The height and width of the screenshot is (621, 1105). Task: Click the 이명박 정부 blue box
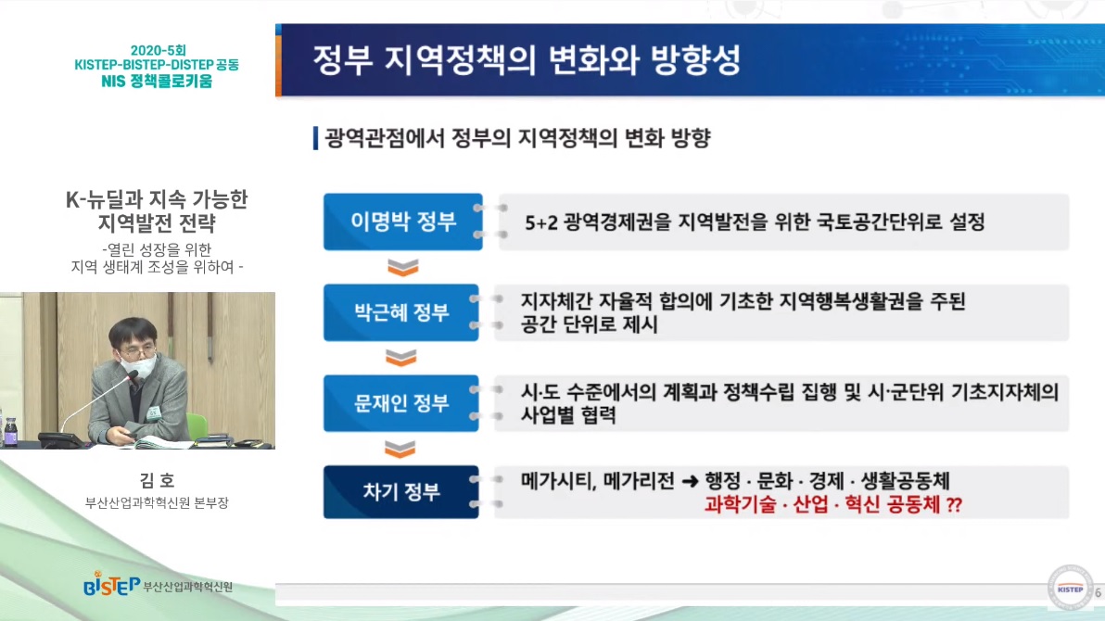point(403,222)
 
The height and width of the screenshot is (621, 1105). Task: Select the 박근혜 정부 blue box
point(401,312)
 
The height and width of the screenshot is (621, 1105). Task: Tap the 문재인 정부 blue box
point(401,403)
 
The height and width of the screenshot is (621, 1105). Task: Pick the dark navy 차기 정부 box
point(401,492)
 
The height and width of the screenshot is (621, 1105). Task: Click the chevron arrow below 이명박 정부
point(403,267)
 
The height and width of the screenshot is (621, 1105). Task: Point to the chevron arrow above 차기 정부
point(400,449)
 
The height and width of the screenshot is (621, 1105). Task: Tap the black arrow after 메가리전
point(691,482)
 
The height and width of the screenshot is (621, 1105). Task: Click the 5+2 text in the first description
point(541,222)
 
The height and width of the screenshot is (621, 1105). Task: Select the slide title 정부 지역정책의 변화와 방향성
point(527,60)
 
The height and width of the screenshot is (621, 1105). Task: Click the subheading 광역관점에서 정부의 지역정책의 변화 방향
point(518,138)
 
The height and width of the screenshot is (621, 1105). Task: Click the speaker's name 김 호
point(157,481)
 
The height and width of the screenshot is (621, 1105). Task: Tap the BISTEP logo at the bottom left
point(111,584)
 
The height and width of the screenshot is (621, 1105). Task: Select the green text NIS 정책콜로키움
point(157,81)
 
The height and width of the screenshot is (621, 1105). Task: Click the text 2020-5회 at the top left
point(158,51)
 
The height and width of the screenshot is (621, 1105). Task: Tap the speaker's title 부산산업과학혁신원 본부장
point(157,502)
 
